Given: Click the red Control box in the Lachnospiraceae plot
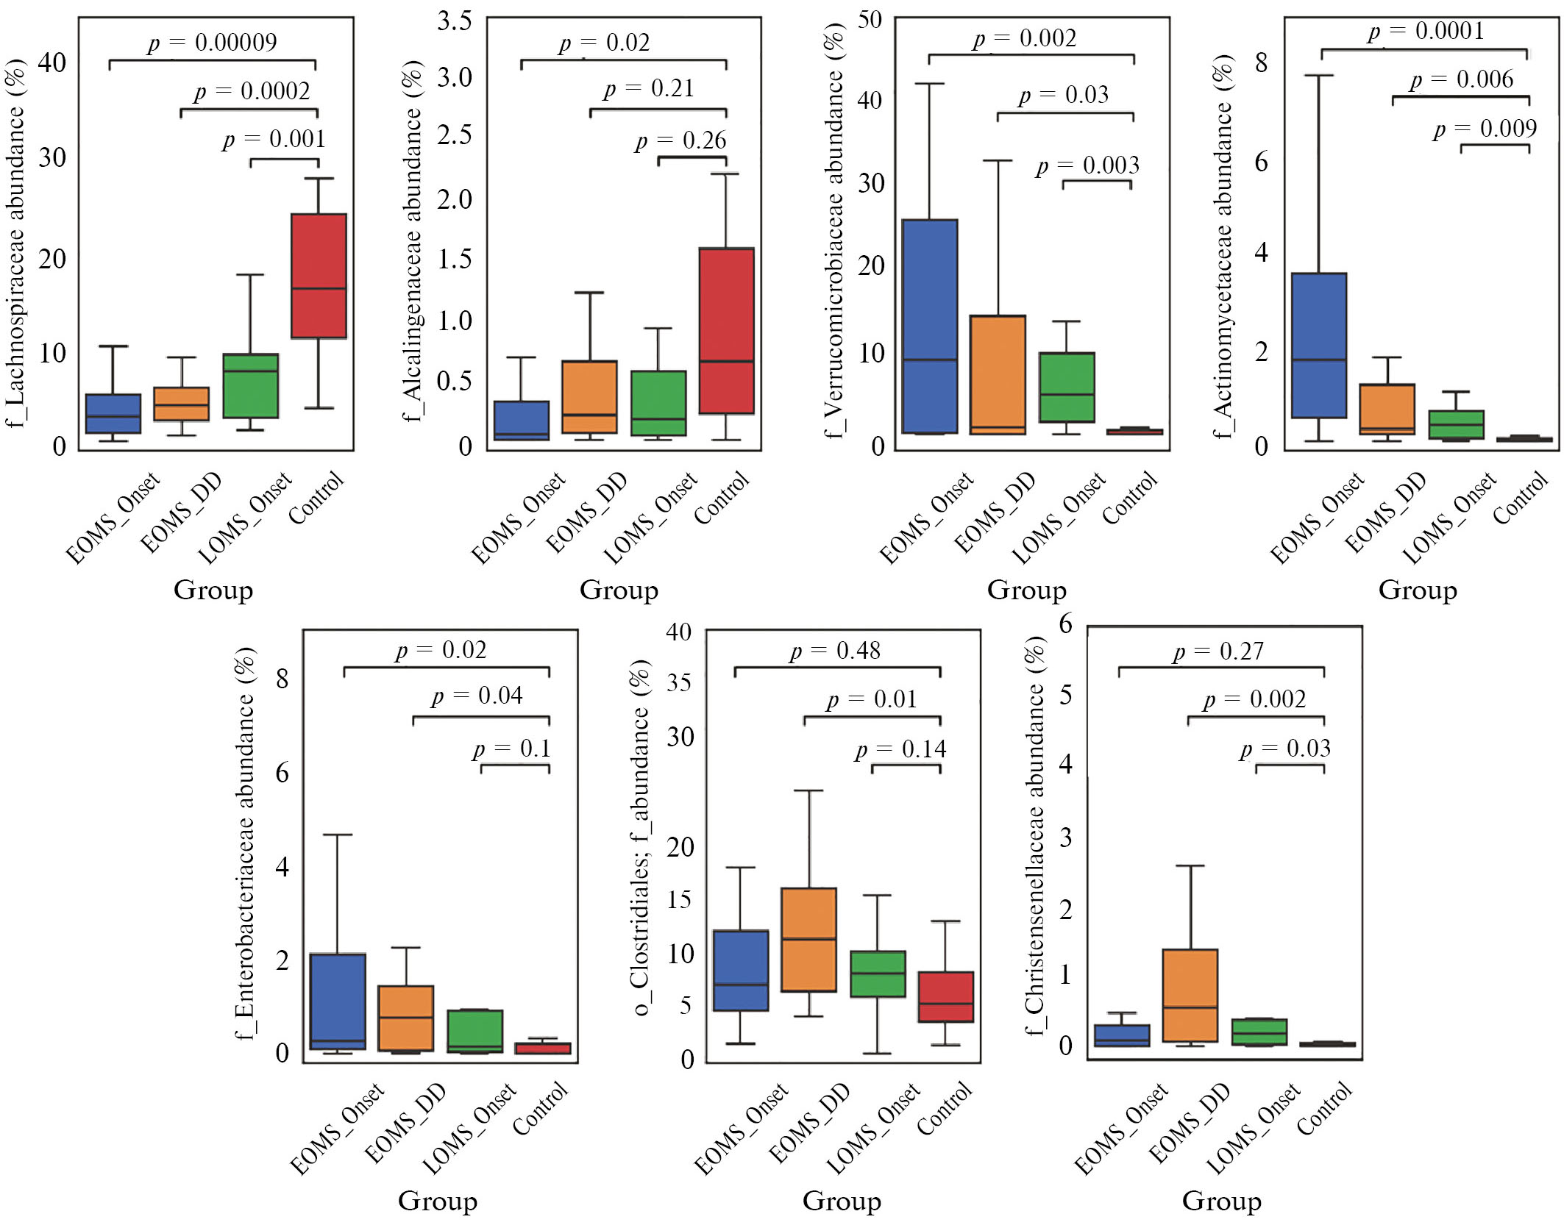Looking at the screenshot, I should click(x=319, y=276).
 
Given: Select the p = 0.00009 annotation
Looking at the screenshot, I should click(x=212, y=43).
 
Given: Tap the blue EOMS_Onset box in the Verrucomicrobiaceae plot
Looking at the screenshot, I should click(x=930, y=326).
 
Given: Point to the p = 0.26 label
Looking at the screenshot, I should click(x=680, y=140).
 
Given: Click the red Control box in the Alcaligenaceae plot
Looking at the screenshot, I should click(x=726, y=331).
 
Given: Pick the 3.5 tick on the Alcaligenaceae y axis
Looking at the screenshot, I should click(x=454, y=21).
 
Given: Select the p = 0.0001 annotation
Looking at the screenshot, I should click(x=1426, y=32).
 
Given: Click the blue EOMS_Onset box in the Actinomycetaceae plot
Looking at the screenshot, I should click(x=1319, y=345).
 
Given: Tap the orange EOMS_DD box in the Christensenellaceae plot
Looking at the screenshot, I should click(x=1190, y=995).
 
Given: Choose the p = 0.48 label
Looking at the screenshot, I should click(x=835, y=651).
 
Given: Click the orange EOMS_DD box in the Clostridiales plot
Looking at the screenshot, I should click(x=808, y=939).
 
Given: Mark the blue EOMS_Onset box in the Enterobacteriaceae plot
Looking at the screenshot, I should click(x=338, y=1001).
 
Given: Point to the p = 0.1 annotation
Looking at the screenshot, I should click(x=511, y=749).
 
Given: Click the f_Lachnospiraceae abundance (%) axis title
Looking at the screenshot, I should click(x=16, y=243).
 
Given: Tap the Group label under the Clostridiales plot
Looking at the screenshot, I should click(x=842, y=1200).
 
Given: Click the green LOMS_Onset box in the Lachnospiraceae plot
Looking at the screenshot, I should click(x=251, y=385).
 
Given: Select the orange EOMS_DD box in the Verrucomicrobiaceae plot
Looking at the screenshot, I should click(x=998, y=374).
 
